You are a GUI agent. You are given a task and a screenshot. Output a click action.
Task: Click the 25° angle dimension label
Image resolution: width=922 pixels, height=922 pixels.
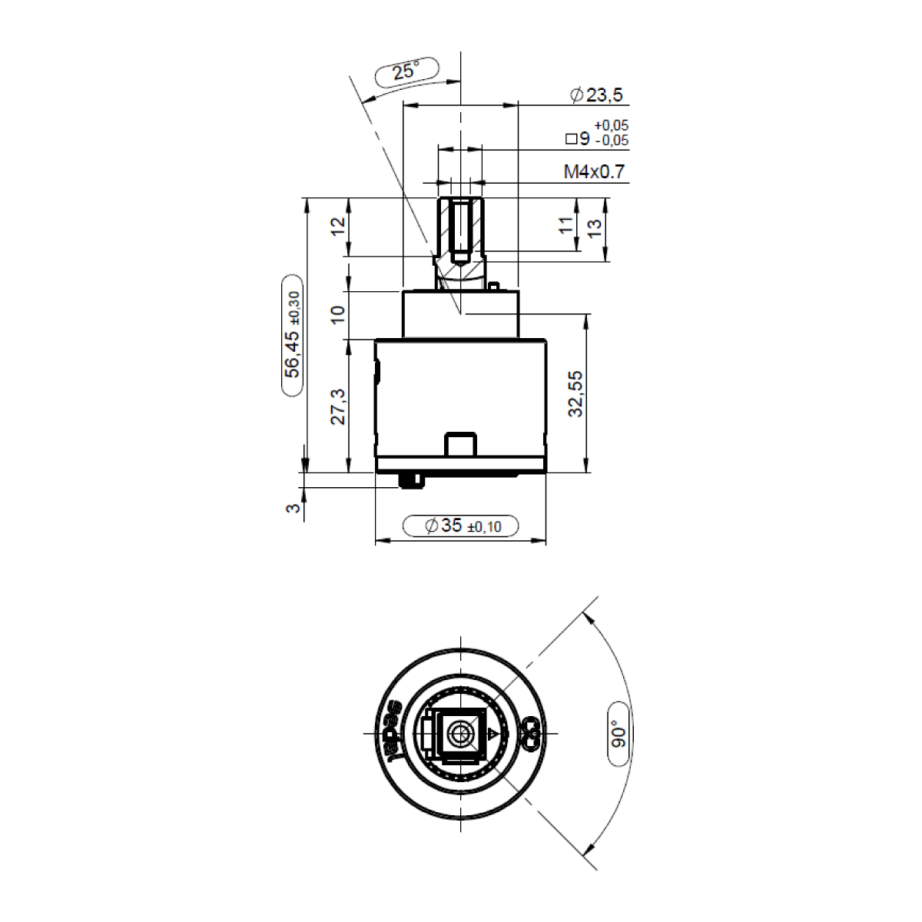pyautogui.click(x=406, y=71)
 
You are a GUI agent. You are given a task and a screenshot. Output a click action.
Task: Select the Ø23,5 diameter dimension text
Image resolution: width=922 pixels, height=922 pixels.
pyautogui.click(x=597, y=95)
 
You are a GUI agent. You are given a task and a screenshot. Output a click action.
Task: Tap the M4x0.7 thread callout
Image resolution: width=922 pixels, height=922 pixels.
pyautogui.click(x=594, y=171)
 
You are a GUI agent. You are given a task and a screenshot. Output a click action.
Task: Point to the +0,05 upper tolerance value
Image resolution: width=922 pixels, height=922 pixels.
pyautogui.click(x=612, y=125)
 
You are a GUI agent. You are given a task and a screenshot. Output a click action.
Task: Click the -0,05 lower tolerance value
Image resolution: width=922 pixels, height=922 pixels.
pyautogui.click(x=612, y=141)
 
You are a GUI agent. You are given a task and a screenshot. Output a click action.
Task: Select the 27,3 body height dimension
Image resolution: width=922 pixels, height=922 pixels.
pyautogui.click(x=338, y=406)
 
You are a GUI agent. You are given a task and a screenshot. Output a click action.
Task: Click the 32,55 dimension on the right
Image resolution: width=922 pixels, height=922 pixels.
pyautogui.click(x=575, y=393)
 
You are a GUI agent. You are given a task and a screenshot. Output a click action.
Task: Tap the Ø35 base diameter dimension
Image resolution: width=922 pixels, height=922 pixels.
pyautogui.click(x=463, y=526)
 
